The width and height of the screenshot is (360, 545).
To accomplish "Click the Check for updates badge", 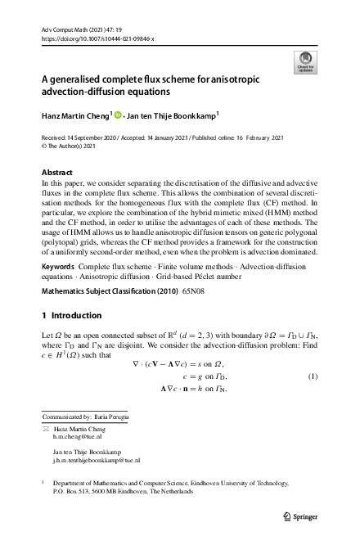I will pyautogui.click(x=305, y=62).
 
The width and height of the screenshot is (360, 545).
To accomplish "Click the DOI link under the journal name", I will pyautogui.click(x=97, y=38).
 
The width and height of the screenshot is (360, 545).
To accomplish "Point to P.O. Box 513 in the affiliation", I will pyautogui.click(x=73, y=492).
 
